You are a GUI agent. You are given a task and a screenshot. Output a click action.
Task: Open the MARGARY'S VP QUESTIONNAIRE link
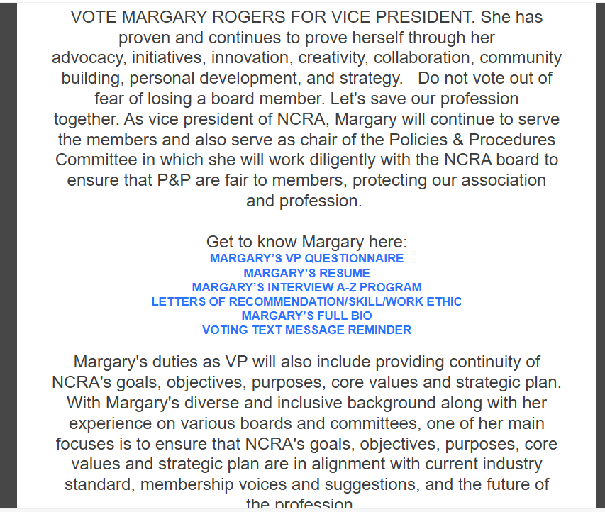pos(306,259)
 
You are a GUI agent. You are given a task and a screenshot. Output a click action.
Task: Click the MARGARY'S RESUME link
pos(306,273)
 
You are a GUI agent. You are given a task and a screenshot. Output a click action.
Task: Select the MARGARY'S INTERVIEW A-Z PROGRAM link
pos(306,287)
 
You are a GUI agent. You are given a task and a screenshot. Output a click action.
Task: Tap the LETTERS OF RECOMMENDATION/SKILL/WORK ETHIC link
pos(306,301)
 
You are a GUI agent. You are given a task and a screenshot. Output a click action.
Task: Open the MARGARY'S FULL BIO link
pos(306,316)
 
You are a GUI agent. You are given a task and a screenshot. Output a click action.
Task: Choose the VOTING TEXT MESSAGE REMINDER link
pos(306,330)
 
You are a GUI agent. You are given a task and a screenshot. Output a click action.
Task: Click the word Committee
pos(99,160)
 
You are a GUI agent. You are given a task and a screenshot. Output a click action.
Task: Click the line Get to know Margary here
pos(306,242)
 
